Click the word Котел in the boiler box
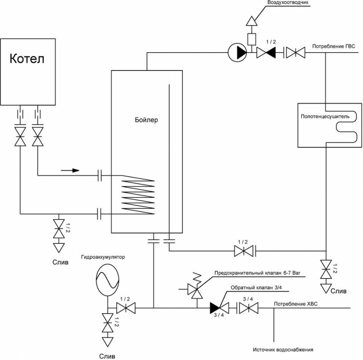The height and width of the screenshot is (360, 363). pos(27,58)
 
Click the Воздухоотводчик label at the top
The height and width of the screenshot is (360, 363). pos(287,3)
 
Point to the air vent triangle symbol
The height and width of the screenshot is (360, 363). pos(252,20)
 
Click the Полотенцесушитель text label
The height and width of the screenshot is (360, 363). pos(325,116)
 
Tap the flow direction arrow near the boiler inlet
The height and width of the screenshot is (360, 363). pos(70,170)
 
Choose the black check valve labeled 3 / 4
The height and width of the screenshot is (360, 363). pos(216,307)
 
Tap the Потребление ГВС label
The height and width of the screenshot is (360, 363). pos(334,47)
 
